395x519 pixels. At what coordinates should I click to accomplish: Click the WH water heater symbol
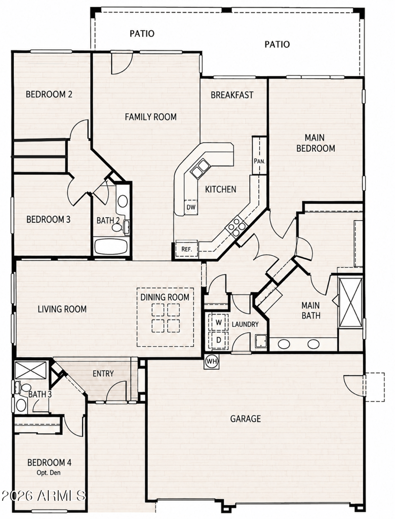(x=212, y=361)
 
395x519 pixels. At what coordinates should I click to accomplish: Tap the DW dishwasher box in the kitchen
(x=191, y=207)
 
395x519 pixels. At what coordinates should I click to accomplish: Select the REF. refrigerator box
(x=187, y=248)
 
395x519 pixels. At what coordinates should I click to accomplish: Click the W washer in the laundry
(x=218, y=322)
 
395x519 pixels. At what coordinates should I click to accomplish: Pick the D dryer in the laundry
(x=218, y=340)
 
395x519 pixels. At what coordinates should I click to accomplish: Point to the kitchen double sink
(x=199, y=167)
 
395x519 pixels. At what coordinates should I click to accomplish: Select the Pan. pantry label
(x=260, y=161)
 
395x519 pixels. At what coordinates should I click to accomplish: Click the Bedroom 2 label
(x=49, y=94)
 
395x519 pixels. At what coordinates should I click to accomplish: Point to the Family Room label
(x=151, y=117)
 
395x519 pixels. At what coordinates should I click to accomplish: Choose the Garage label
(x=245, y=419)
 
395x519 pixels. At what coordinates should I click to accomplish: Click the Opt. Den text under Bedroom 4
(x=48, y=473)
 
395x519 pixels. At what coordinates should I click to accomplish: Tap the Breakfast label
(x=232, y=95)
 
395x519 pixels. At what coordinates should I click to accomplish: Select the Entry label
(x=103, y=374)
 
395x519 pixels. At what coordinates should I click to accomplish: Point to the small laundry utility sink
(x=261, y=342)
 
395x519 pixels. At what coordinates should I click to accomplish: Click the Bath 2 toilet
(x=119, y=227)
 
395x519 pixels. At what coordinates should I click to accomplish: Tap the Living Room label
(x=62, y=309)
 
